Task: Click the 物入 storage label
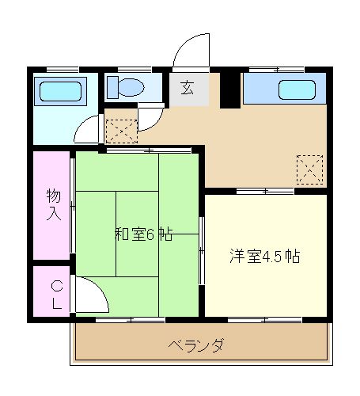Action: tap(53, 204)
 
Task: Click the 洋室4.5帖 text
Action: tap(264, 256)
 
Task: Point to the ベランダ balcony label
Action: tap(196, 345)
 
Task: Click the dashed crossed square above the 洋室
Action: tap(309, 169)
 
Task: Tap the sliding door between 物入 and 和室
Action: tap(73, 206)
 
